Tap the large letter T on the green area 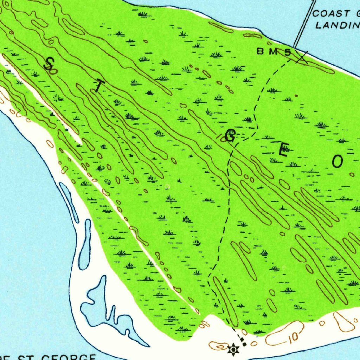pyautogui.click(x=99, y=86)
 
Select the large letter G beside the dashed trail pyautogui.click(x=230, y=136)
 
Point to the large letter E pyautogui.click(x=283, y=151)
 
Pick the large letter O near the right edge pyautogui.click(x=337, y=162)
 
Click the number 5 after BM pyautogui.click(x=288, y=52)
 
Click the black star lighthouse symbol pyautogui.click(x=232, y=350)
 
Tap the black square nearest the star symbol pyautogui.click(x=245, y=344)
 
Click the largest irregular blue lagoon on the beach pyautogui.click(x=105, y=309)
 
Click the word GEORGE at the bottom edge pyautogui.click(x=69, y=357)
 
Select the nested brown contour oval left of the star pyautogui.click(x=218, y=346)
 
